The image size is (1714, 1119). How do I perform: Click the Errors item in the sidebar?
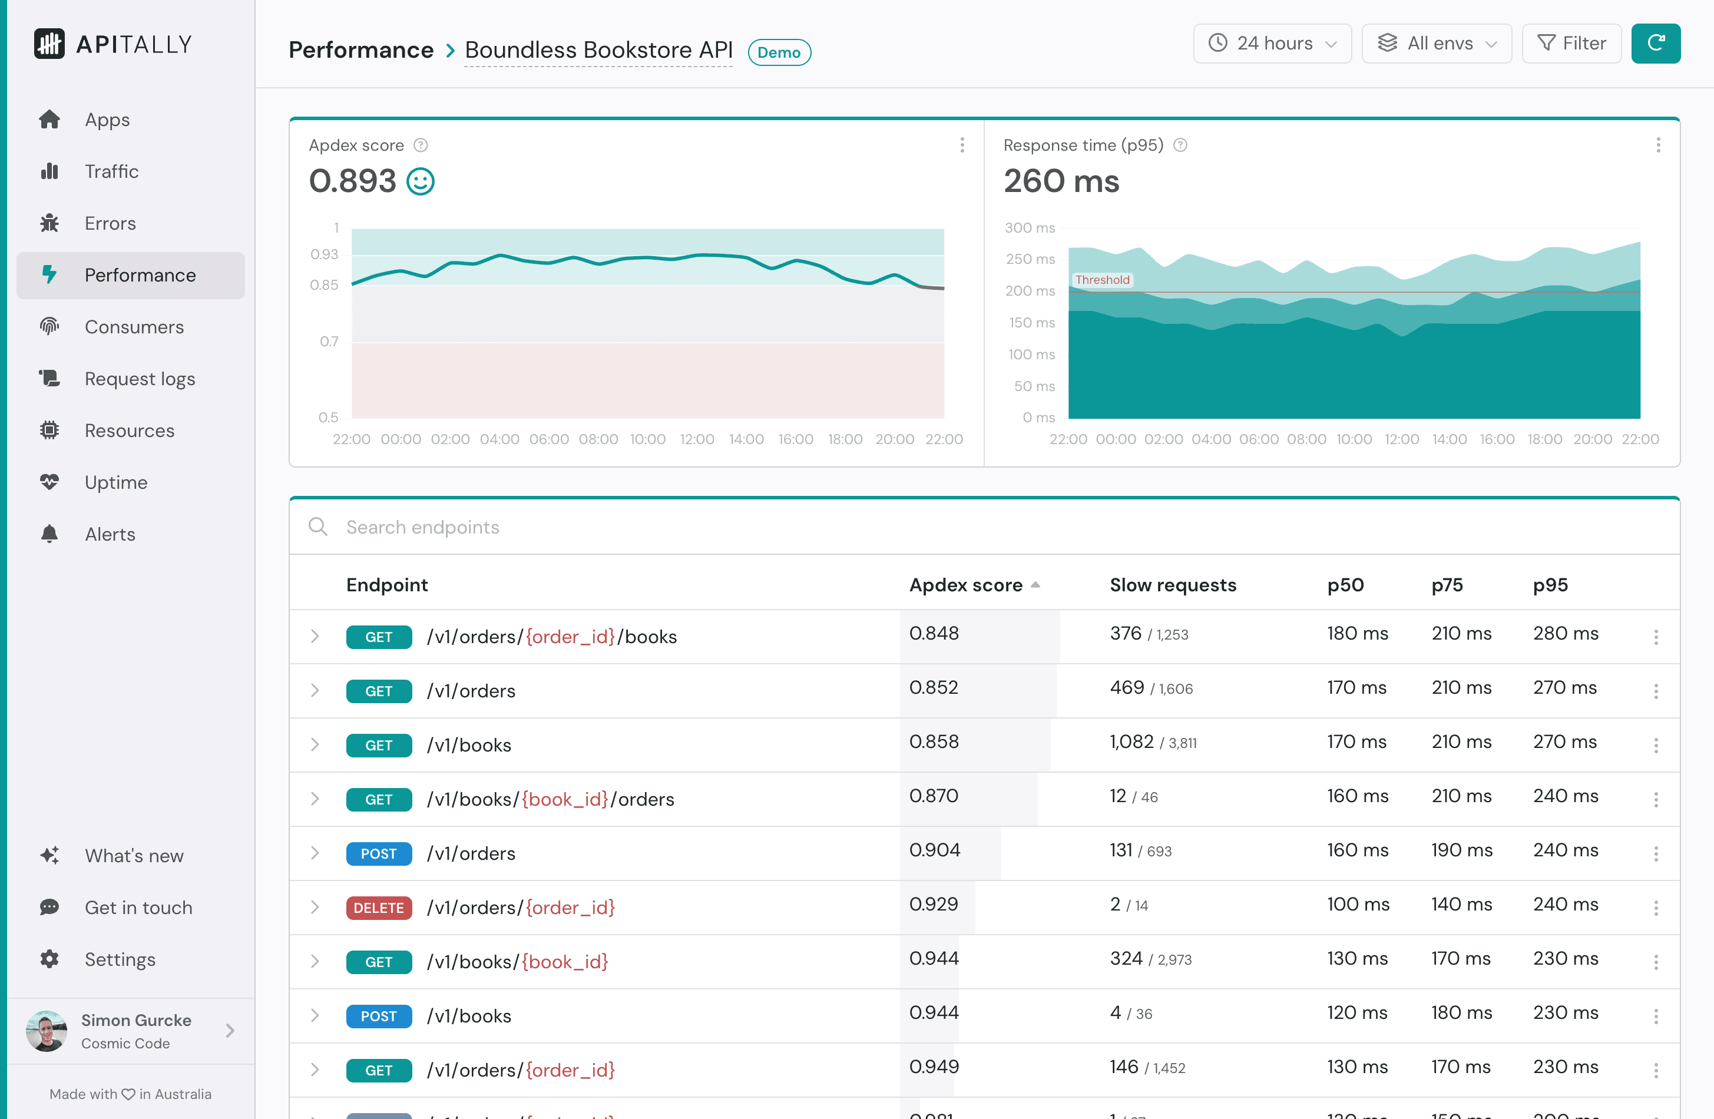[110, 223]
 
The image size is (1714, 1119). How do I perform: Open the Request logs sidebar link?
[139, 379]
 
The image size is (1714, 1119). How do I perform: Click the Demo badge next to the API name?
[779, 52]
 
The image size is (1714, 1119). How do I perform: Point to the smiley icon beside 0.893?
[421, 181]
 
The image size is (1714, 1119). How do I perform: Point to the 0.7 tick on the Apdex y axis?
[329, 342]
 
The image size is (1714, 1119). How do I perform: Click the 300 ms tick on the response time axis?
[1029, 227]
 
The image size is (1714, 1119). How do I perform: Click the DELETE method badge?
[379, 908]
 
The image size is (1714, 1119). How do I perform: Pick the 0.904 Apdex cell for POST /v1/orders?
[934, 850]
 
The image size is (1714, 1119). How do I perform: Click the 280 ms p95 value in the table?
[1565, 634]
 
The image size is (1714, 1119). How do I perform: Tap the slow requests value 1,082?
[1131, 741]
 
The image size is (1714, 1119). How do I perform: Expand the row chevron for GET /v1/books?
[315, 744]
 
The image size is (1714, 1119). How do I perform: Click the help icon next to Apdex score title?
[421, 145]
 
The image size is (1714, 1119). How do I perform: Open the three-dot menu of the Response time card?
[1658, 145]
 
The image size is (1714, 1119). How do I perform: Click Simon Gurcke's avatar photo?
[46, 1031]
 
